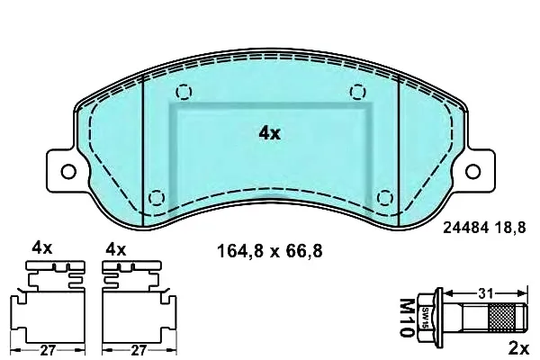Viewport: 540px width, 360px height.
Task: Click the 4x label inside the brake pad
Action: click(270, 133)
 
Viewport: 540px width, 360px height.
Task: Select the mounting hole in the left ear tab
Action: click(68, 171)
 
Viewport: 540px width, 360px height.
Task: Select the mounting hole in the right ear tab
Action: click(472, 171)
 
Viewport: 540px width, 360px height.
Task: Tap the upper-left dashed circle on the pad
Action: click(184, 92)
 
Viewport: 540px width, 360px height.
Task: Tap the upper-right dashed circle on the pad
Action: click(358, 92)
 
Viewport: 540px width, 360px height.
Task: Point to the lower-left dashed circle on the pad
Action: click(157, 198)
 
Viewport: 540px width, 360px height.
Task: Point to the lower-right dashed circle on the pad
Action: click(385, 198)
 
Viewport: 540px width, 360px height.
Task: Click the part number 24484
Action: click(465, 228)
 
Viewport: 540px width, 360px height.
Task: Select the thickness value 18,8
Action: click(510, 228)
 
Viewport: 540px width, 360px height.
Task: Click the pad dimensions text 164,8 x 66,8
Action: click(270, 251)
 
